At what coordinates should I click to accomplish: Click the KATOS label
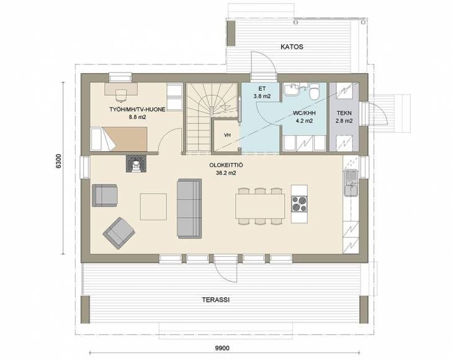292,47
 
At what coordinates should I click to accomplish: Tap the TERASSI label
216,300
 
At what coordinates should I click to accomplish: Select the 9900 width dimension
222,348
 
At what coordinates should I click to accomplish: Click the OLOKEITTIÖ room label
226,165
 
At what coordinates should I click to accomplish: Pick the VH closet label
227,135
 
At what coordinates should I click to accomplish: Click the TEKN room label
344,113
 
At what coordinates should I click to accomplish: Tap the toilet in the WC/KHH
313,91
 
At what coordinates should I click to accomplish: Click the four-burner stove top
299,204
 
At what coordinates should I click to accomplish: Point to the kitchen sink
351,183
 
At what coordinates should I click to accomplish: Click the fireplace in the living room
136,164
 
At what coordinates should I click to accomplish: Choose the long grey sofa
189,209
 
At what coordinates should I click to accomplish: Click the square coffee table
153,207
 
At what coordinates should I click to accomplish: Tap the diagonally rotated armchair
119,233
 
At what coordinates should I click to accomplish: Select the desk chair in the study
121,96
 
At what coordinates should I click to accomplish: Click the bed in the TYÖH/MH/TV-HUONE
119,139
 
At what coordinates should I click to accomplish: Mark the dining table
260,206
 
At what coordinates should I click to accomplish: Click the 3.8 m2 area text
262,96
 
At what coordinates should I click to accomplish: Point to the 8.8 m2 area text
137,117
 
